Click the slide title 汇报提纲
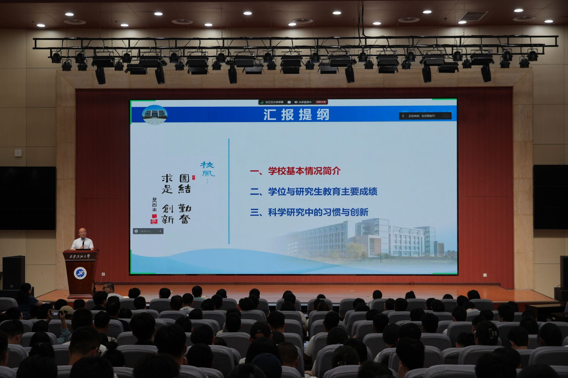pos(296,115)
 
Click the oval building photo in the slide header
pos(154,115)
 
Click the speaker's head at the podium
pos(82,233)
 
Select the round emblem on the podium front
pos(80,273)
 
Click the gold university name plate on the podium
pos(80,256)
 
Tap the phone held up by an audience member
pos(55,313)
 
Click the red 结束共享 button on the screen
pos(321,102)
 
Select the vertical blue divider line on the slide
pos(229,191)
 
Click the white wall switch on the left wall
pos(18,153)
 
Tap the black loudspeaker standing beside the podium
pos(14,272)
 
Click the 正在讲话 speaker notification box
pos(425,116)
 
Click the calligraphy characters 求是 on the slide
pos(167,184)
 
